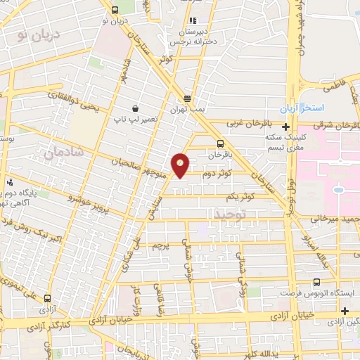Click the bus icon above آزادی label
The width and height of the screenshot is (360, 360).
coord(47,298)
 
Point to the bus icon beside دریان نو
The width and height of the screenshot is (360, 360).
coord(114,10)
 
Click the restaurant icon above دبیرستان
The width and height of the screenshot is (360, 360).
coord(193,20)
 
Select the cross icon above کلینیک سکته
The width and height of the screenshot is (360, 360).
coord(285,127)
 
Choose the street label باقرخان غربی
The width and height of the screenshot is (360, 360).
coord(249,122)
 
